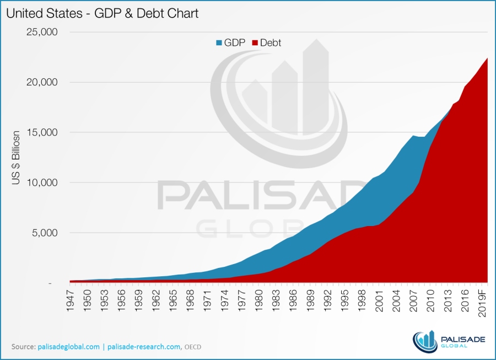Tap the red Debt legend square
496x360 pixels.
(x=255, y=42)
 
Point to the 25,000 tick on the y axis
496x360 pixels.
(x=42, y=32)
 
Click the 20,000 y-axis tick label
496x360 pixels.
(x=42, y=82)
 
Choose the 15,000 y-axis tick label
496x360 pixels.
(x=42, y=132)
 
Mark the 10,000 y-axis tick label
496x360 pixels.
(x=42, y=182)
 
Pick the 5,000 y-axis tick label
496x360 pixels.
(x=44, y=233)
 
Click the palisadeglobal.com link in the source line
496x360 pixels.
(x=68, y=347)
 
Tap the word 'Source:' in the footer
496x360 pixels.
(x=24, y=347)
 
